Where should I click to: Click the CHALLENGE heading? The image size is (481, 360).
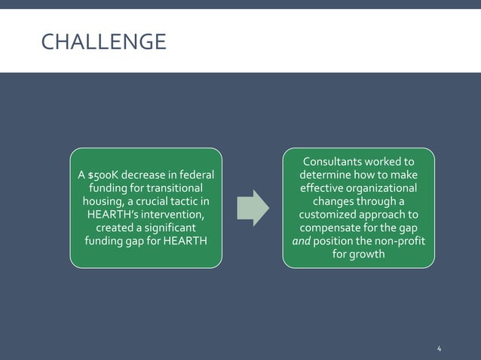point(103,42)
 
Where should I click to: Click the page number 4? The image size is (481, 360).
point(440,348)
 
